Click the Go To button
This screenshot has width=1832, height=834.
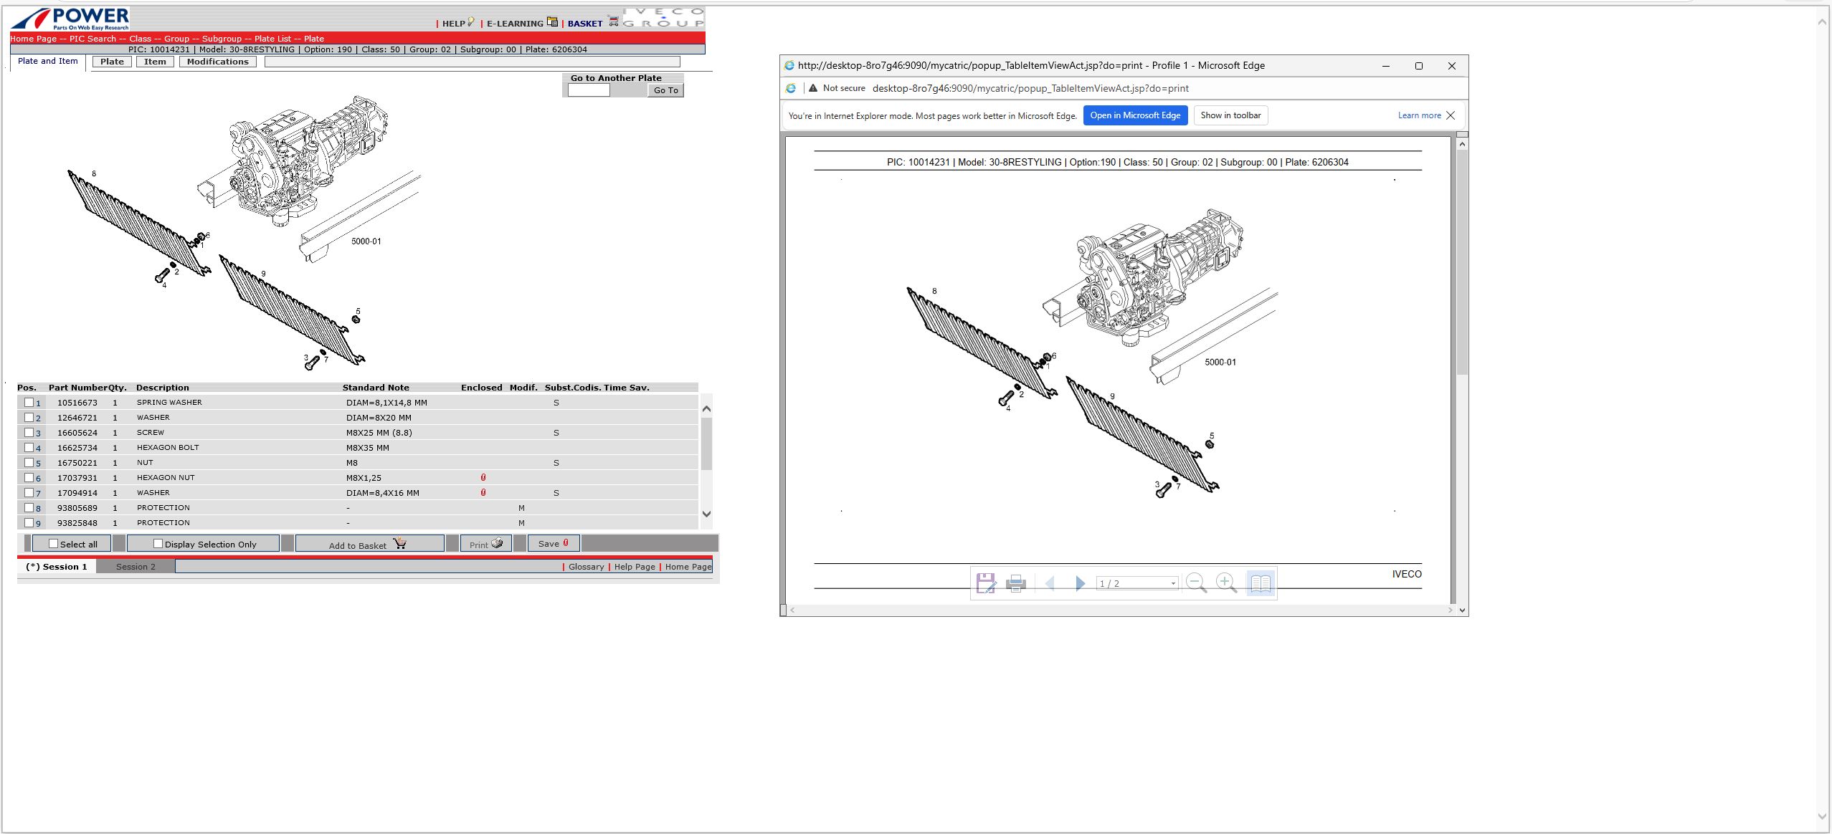coord(665,90)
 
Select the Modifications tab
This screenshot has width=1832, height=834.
coord(218,62)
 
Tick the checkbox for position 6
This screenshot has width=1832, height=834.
coord(29,478)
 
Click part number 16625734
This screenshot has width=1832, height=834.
coord(77,448)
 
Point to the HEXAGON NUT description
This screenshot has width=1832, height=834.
coord(166,478)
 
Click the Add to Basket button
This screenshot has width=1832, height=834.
coord(369,544)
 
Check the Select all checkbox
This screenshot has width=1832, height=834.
coord(53,544)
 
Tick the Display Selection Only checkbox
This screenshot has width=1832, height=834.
coord(158,544)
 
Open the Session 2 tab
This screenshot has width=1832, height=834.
coord(136,567)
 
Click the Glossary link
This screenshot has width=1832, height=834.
coord(587,567)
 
